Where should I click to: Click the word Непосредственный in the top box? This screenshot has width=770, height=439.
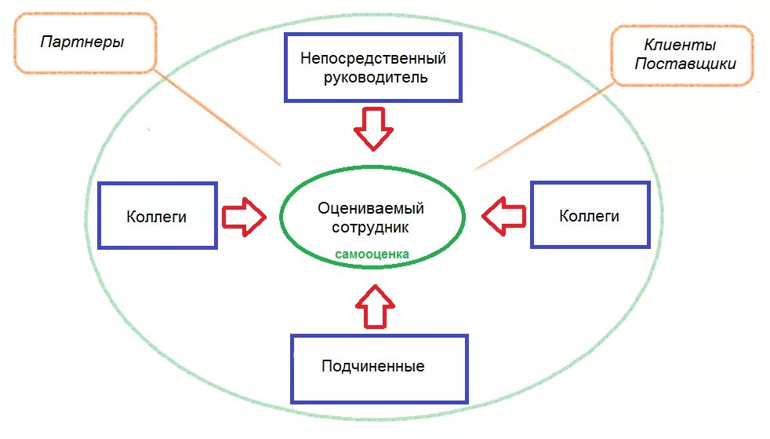point(373,59)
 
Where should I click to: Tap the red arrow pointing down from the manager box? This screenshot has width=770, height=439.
point(373,129)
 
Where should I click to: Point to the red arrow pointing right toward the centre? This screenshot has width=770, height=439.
point(244,216)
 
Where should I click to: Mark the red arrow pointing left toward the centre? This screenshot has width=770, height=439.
point(503,216)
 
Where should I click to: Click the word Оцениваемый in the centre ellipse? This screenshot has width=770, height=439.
point(371,208)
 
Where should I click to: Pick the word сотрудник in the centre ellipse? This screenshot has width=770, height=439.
point(371,227)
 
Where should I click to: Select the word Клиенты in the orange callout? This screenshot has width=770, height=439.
point(680,46)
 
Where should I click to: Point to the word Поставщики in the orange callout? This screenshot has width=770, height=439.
point(685,64)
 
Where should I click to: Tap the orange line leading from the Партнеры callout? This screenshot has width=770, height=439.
point(220,118)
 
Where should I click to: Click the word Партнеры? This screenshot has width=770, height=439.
point(82,42)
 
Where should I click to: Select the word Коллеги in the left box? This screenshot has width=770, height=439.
point(157,217)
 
